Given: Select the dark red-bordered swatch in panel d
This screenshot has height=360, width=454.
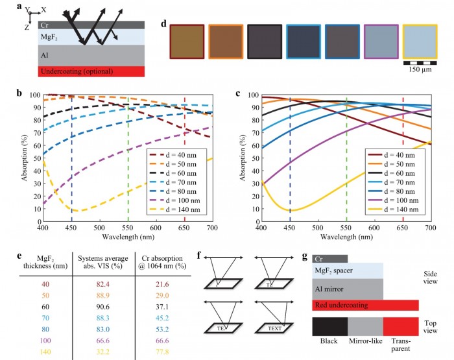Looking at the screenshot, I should pos(187,43).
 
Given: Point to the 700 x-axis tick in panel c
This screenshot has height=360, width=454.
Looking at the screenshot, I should pos(429,228).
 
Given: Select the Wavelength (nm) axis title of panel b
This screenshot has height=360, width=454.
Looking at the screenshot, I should pos(128,237).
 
